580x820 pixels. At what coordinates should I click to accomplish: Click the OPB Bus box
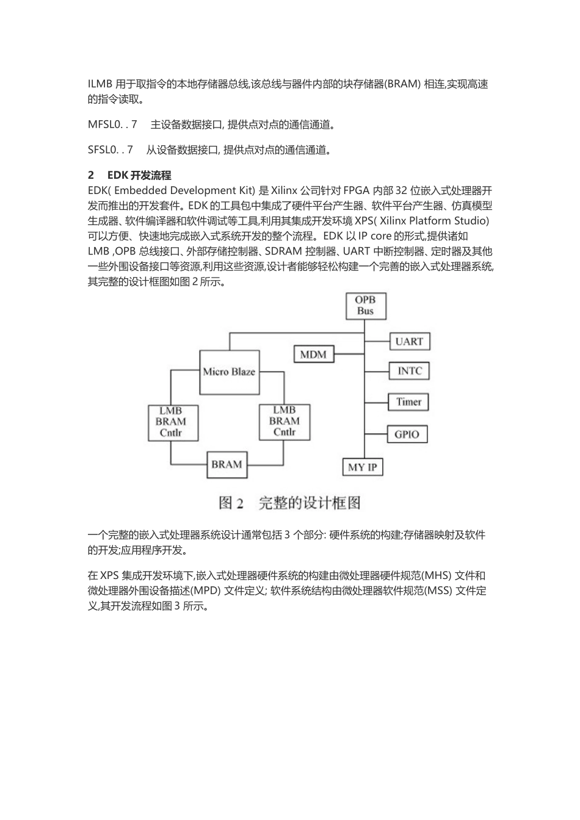(x=365, y=305)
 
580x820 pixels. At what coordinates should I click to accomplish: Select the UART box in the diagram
(x=409, y=341)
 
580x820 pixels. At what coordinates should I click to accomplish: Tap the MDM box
(x=314, y=354)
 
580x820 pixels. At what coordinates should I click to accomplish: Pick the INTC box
(x=409, y=371)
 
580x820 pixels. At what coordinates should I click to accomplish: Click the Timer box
(x=408, y=401)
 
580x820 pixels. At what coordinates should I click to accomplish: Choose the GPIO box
(x=407, y=434)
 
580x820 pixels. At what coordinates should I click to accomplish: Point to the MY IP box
(x=362, y=467)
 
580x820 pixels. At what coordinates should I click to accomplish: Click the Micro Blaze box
(x=229, y=372)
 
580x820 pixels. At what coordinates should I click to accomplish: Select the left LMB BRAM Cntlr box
(x=171, y=422)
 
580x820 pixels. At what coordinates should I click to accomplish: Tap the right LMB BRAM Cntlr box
(x=285, y=422)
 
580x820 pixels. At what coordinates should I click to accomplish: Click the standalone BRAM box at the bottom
(x=227, y=464)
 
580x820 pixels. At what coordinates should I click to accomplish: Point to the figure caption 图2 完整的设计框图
(x=289, y=503)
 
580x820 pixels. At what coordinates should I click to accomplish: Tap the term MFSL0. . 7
(x=112, y=124)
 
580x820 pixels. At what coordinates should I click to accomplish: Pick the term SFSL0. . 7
(x=111, y=149)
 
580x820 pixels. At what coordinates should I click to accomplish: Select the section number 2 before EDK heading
(x=91, y=176)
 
